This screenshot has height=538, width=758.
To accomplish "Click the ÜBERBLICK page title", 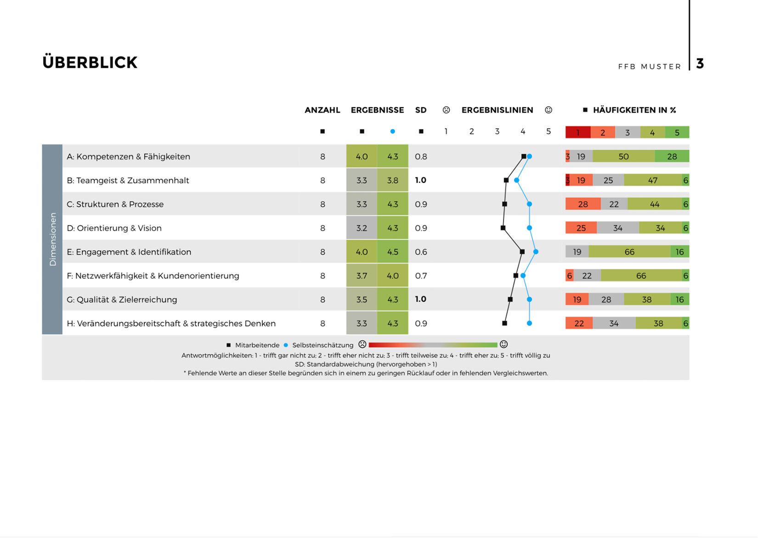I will coord(90,62).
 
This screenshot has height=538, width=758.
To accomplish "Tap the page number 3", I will coord(700,63).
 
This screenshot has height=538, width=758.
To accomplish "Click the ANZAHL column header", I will coord(322,110).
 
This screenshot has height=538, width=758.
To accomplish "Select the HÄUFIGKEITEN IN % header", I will coord(634,110).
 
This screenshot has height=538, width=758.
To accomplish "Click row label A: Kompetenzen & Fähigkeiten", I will coord(128,157).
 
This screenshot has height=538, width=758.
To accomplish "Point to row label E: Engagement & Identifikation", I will coord(129,252).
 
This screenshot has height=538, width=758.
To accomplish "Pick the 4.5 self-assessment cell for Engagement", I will coord(392,252).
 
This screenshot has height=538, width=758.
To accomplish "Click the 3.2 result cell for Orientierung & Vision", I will coord(362,228).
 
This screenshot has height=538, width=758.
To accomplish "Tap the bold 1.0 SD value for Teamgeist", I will coord(420,180).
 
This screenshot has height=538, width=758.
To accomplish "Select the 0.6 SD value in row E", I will coord(421,252).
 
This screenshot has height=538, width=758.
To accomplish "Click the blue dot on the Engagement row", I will coord(536,252).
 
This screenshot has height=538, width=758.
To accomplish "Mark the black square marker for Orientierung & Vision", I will coord(503,228).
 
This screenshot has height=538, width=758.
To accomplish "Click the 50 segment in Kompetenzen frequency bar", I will coord(623,157).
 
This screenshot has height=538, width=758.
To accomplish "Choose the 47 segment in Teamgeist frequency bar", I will coord(653,181).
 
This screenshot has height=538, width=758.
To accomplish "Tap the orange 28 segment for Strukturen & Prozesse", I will coord(583,204).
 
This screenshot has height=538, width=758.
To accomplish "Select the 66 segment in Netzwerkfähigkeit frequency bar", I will coord(641,276).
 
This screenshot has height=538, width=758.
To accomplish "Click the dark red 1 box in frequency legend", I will coord(577,133).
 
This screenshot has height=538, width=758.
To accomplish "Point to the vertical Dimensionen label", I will coord(52,239).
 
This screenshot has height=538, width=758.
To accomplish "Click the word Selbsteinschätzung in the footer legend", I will coord(322,345).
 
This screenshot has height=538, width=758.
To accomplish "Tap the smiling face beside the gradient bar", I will coord(503,345).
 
